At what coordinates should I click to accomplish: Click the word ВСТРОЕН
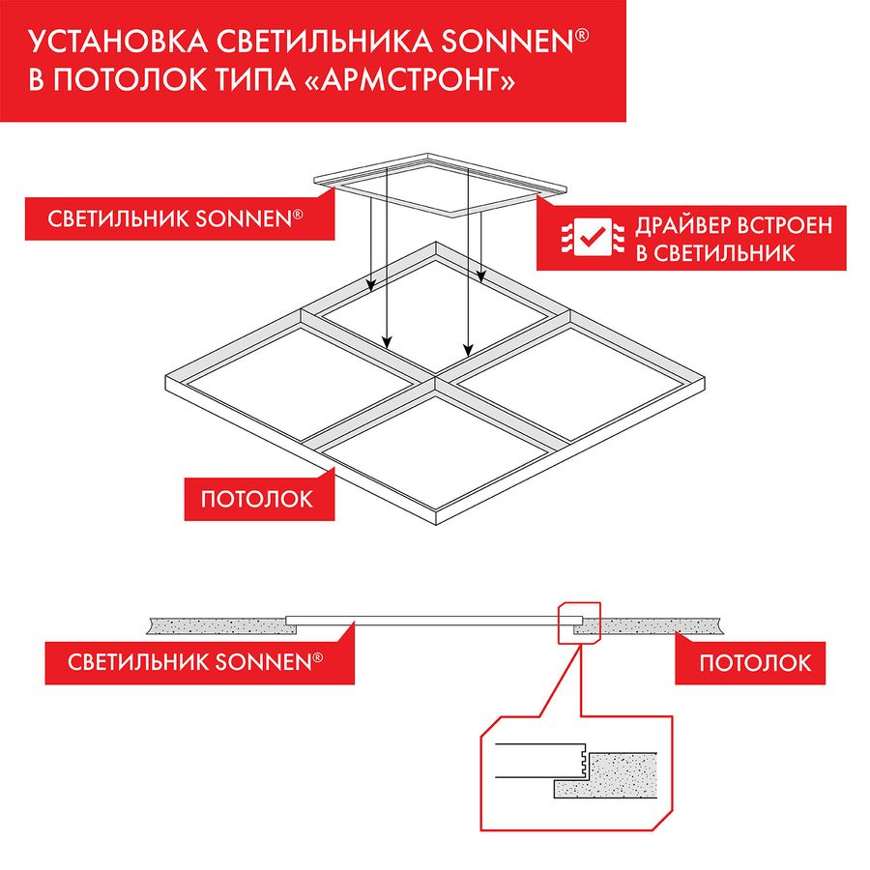788,225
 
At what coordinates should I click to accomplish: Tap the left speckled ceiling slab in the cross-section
217,625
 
